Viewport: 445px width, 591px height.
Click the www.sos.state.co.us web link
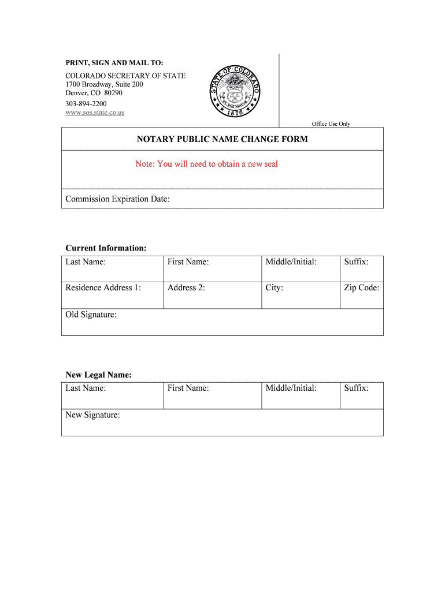(95, 113)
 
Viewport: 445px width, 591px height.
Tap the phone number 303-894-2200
(86, 104)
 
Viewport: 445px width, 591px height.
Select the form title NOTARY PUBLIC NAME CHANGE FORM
(222, 139)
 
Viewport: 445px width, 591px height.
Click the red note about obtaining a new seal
(206, 164)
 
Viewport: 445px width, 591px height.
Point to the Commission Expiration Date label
(117, 199)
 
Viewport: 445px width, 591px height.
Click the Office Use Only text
(331, 124)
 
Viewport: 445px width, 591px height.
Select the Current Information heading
(106, 248)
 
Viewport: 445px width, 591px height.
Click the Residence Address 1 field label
(103, 287)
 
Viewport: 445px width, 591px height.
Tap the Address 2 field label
(186, 287)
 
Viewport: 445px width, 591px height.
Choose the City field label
(274, 287)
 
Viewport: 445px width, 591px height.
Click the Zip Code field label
(362, 287)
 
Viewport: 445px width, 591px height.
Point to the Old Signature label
(91, 315)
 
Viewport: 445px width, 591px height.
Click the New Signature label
(92, 415)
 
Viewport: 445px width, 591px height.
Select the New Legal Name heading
(98, 375)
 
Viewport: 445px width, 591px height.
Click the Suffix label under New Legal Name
(356, 388)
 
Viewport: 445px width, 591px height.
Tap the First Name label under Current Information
(188, 262)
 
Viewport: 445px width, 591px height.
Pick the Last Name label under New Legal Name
(86, 388)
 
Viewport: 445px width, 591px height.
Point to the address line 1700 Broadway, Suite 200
(104, 84)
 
